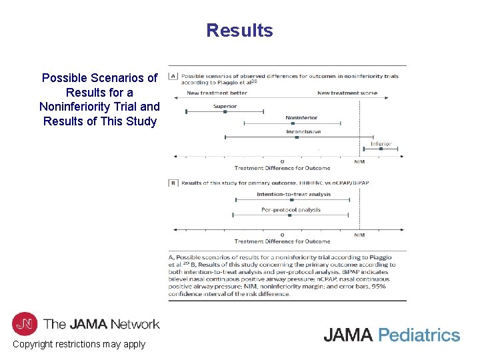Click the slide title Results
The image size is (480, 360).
pyautogui.click(x=239, y=31)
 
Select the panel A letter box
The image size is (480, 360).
pyautogui.click(x=173, y=76)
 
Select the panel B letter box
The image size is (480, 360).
pyautogui.click(x=173, y=183)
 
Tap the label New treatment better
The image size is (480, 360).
pyautogui.click(x=217, y=93)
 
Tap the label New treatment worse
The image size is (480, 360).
pyautogui.click(x=347, y=93)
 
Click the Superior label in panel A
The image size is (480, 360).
pyautogui.click(x=225, y=106)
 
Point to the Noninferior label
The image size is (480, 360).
pyautogui.click(x=301, y=118)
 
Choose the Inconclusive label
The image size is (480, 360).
pyautogui.click(x=303, y=131)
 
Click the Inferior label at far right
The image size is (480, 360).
pyautogui.click(x=381, y=143)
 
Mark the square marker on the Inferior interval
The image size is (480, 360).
pyautogui.click(x=381, y=149)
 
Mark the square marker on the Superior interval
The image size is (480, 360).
pyautogui.click(x=225, y=111)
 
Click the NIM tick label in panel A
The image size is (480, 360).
pyautogui.click(x=359, y=161)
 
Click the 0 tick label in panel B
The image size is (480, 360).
pyautogui.click(x=282, y=235)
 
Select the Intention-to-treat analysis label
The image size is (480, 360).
pyautogui.click(x=293, y=195)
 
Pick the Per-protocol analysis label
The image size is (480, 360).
pyautogui.click(x=291, y=209)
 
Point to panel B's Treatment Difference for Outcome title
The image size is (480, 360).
pyautogui.click(x=282, y=241)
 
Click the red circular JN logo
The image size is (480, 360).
pyautogui.click(x=25, y=324)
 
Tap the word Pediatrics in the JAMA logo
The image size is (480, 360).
pyautogui.click(x=419, y=335)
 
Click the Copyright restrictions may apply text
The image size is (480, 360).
pyautogui.click(x=79, y=344)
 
